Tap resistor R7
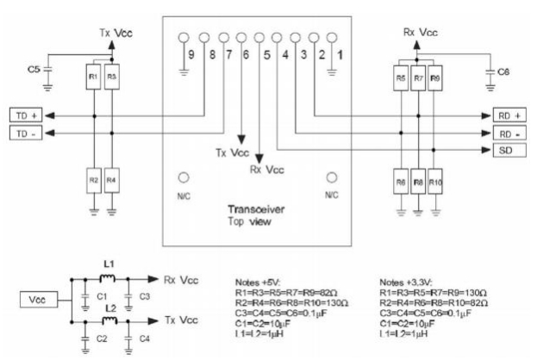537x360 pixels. (x=418, y=78)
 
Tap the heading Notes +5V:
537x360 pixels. (x=260, y=282)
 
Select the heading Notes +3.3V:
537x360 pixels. (x=407, y=282)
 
